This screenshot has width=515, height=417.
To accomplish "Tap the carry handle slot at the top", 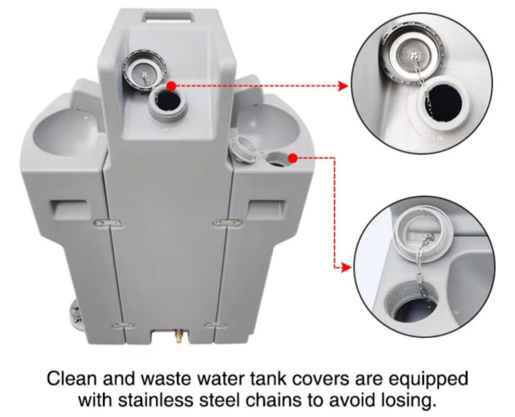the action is click(168, 17).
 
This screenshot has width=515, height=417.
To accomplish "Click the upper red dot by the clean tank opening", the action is click(171, 86).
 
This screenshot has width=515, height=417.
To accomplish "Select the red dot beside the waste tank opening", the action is click(293, 158).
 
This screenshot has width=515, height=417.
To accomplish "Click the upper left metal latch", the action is click(109, 223).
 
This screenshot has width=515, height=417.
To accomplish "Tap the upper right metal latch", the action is click(228, 223).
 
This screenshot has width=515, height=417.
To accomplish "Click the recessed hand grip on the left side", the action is click(70, 209).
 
